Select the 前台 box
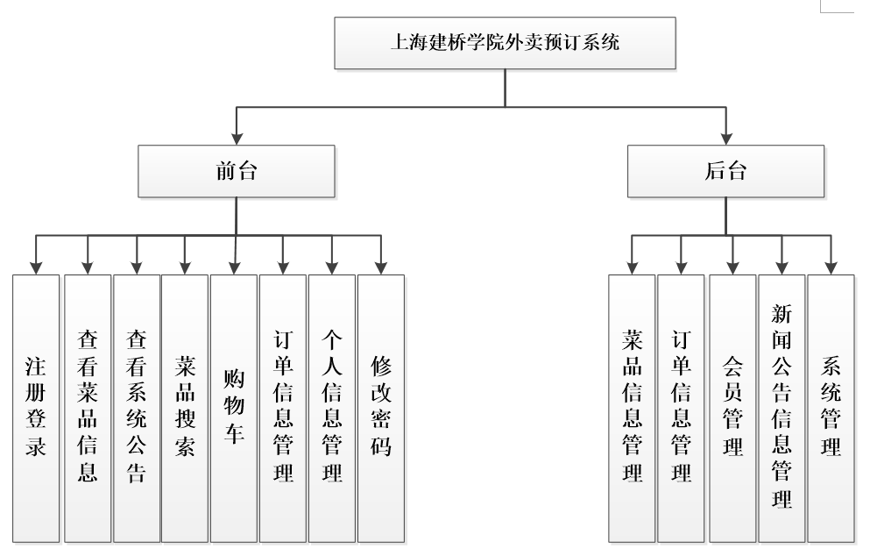(x=237, y=171)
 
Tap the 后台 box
(x=725, y=171)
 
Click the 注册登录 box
(x=37, y=408)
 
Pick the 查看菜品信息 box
(x=88, y=408)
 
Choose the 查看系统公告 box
(x=137, y=408)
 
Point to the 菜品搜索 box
(x=185, y=408)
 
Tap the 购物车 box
(x=234, y=408)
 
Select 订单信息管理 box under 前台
(x=283, y=408)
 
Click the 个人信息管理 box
(x=332, y=408)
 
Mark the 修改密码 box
(x=381, y=408)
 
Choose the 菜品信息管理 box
(x=632, y=408)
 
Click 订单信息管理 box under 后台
(x=681, y=408)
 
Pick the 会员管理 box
(x=732, y=408)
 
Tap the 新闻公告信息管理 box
(x=782, y=408)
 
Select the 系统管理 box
(x=831, y=408)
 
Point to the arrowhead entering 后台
(x=725, y=139)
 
